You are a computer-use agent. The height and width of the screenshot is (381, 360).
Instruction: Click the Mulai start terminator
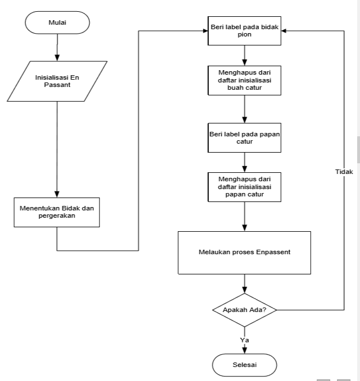[57, 22]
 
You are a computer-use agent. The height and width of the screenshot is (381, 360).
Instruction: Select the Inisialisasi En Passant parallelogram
[57, 81]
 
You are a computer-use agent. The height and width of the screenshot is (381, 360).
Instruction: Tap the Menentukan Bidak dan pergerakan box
[57, 212]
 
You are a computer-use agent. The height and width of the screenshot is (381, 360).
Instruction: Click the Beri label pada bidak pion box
[244, 31]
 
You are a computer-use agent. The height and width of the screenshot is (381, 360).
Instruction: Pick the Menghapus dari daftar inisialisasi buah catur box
[244, 80]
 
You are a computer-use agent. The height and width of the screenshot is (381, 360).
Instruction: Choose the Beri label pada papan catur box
[244, 138]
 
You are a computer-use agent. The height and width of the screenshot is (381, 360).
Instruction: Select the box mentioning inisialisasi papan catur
[244, 187]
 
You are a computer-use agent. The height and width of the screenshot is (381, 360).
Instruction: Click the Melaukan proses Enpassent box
[244, 253]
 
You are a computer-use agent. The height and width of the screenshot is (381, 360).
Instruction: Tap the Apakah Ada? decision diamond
[244, 310]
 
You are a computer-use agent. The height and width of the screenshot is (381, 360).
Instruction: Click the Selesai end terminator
[244, 365]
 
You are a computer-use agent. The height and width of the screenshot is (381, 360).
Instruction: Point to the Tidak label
[344, 172]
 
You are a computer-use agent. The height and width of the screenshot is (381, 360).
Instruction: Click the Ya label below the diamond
[244, 340]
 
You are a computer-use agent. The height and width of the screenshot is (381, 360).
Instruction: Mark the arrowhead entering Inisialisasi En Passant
[57, 58]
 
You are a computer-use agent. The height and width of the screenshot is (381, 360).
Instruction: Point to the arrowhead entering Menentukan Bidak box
[57, 194]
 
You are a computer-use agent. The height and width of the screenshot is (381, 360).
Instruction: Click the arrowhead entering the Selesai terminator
[244, 351]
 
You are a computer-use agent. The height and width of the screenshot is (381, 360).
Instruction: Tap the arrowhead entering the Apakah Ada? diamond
[244, 290]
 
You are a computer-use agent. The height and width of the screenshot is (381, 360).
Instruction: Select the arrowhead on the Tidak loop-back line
[284, 31]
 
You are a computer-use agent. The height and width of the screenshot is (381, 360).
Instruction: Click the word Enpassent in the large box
[273, 252]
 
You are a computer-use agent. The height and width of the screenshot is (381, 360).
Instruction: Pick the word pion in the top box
[244, 35]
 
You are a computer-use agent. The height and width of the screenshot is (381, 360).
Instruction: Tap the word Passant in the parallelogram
[57, 85]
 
